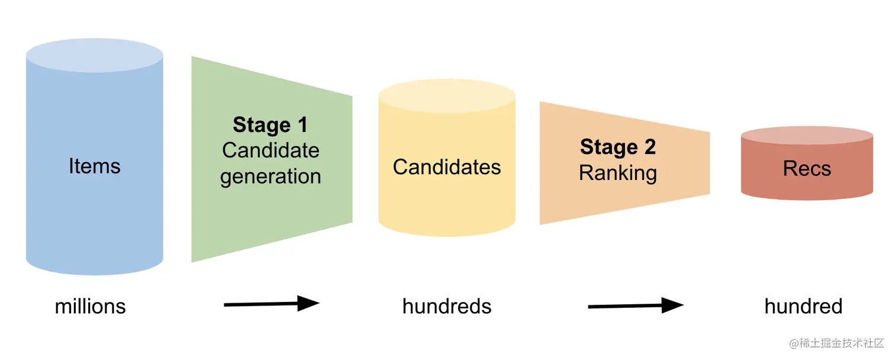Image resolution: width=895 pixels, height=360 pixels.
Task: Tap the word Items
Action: (x=94, y=166)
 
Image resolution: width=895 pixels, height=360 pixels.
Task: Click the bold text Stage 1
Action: (x=270, y=125)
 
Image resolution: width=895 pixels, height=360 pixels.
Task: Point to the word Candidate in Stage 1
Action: (x=271, y=150)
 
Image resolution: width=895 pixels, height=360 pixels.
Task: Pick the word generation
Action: (x=271, y=176)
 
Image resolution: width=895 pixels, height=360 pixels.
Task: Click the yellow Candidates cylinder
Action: (x=446, y=201)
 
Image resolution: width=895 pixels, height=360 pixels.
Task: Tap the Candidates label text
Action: (x=446, y=167)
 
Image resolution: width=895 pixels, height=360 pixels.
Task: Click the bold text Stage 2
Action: (x=617, y=147)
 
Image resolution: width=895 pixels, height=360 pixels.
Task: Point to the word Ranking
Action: (x=617, y=173)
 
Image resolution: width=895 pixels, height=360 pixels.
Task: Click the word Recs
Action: (x=807, y=169)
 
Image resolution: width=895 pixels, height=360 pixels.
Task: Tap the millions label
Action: (x=90, y=307)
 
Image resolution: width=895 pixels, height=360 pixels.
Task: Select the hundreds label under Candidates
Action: (x=446, y=307)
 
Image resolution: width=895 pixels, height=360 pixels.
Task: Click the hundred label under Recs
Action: (x=803, y=307)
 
